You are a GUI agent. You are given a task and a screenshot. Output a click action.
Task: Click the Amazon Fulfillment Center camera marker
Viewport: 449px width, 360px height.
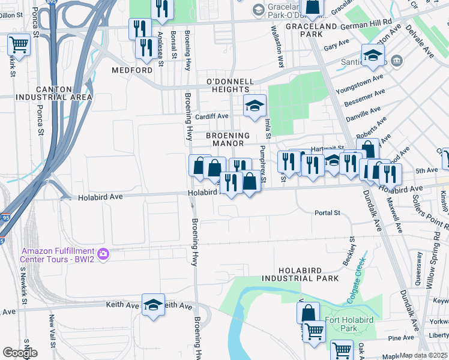pyautogui.click(x=103, y=254)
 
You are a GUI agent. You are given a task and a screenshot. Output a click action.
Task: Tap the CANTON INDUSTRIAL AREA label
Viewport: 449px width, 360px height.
pyautogui.click(x=55, y=93)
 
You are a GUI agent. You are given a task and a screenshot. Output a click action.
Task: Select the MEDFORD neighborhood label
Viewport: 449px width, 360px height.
pyautogui.click(x=132, y=70)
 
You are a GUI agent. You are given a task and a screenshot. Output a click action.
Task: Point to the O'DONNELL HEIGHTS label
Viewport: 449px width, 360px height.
pyautogui.click(x=226, y=85)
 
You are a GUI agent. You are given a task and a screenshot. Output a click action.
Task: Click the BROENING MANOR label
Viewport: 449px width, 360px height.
pyautogui.click(x=225, y=139)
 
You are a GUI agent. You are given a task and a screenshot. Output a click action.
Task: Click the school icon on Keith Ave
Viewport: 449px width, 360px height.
pyautogui.click(x=153, y=304)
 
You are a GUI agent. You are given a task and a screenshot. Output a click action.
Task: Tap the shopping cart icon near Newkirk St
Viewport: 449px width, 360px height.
pyautogui.click(x=19, y=44)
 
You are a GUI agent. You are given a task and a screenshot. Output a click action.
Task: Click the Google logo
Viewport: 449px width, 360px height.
pyautogui.click(x=20, y=353)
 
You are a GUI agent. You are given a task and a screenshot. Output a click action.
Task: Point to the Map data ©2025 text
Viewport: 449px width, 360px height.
pyautogui.click(x=423, y=355)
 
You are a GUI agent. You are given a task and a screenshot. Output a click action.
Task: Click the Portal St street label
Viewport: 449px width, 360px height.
pyautogui.click(x=327, y=213)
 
